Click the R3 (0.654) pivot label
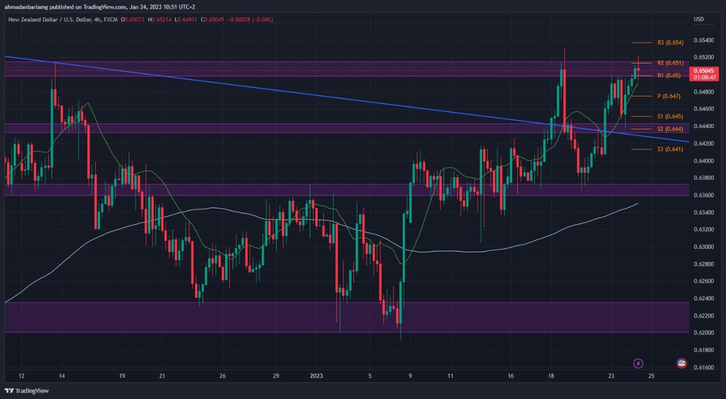670,43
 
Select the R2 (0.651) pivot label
670,63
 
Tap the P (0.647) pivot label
669,96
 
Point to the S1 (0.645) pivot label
670,116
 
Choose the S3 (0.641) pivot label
670,149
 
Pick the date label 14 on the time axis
62,376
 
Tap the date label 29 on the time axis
276,376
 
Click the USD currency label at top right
699,19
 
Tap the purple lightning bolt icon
639,363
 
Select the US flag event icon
682,363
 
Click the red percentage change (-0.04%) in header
261,19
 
